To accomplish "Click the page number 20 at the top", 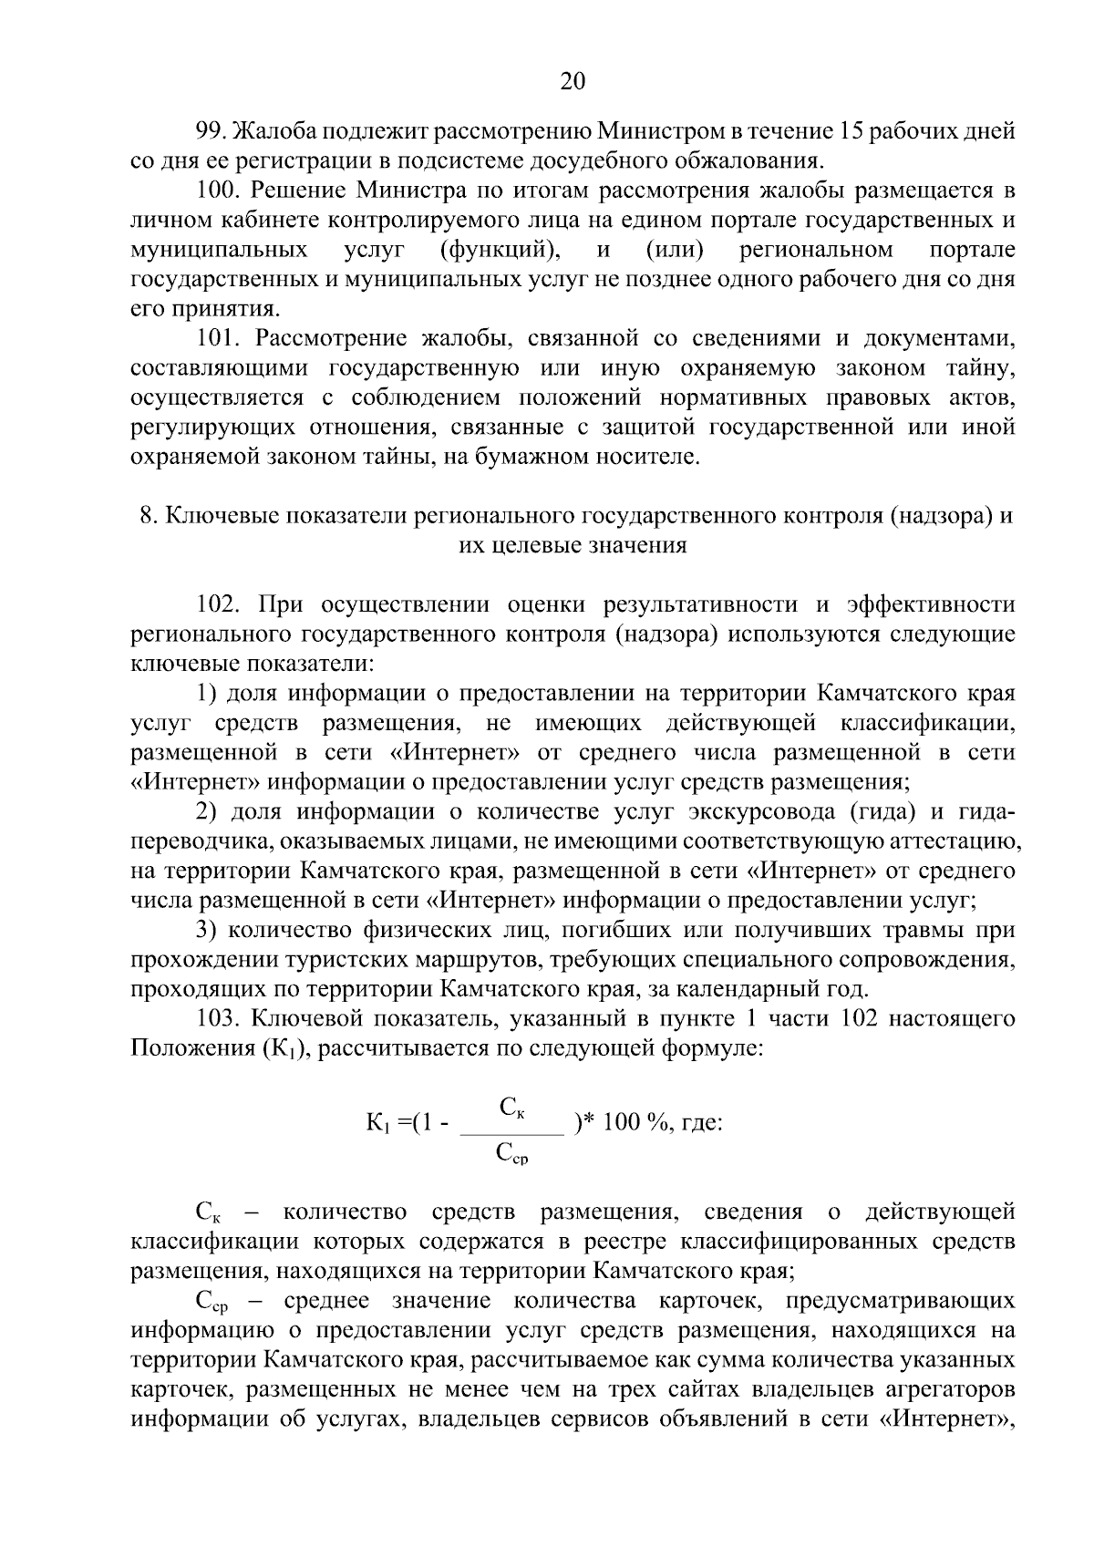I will pyautogui.click(x=572, y=82).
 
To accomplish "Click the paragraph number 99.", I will pyautogui.click(x=212, y=132).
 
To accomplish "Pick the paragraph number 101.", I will pyautogui.click(x=219, y=338).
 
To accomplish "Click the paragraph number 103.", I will pyautogui.click(x=219, y=1019).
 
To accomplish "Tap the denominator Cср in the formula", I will pyautogui.click(x=512, y=1154).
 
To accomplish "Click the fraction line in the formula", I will pyautogui.click(x=513, y=1133).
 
